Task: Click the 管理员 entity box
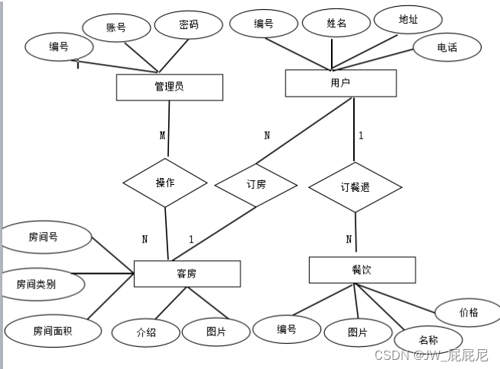point(169,87)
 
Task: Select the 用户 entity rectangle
point(340,83)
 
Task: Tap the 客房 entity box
point(186,274)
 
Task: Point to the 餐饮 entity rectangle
point(362,270)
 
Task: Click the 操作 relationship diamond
point(165,183)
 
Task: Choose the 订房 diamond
point(256,185)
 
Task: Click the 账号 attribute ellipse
point(116,28)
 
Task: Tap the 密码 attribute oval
point(188,24)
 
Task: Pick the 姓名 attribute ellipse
point(336,23)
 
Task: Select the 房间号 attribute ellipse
point(44,237)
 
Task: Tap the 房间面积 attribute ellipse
point(53,331)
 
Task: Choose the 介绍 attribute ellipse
point(146,332)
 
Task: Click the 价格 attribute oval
point(468,313)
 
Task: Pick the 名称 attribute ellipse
point(428,339)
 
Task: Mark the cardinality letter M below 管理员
point(162,135)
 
